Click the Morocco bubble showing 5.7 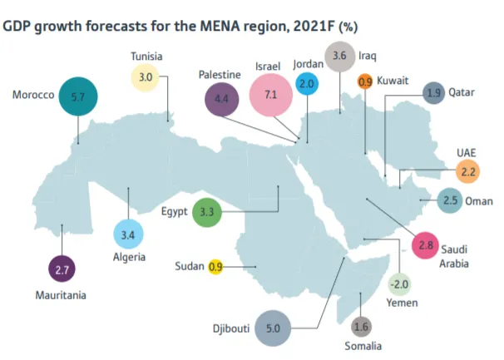(x=78, y=96)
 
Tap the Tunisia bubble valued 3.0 (x=145, y=77)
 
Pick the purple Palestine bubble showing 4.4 (x=221, y=98)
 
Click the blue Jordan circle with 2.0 (x=307, y=85)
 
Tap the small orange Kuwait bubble (x=365, y=82)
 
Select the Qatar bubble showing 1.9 (x=433, y=93)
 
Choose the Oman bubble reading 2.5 (x=450, y=201)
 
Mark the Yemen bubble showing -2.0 (x=399, y=285)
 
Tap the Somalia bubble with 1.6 (x=360, y=327)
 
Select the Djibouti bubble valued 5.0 (x=273, y=328)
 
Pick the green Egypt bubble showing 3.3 (x=207, y=212)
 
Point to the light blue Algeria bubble (x=128, y=235)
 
